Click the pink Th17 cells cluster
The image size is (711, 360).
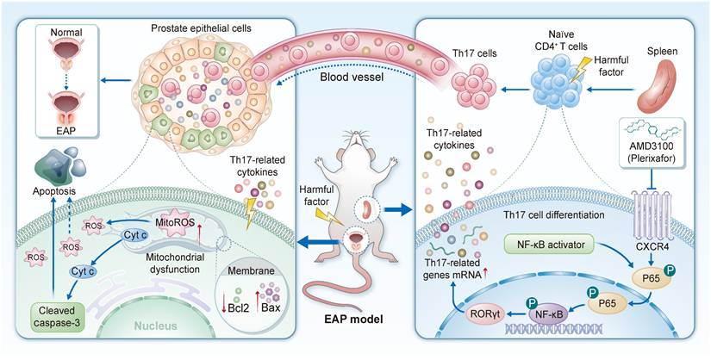[x=476, y=84]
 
